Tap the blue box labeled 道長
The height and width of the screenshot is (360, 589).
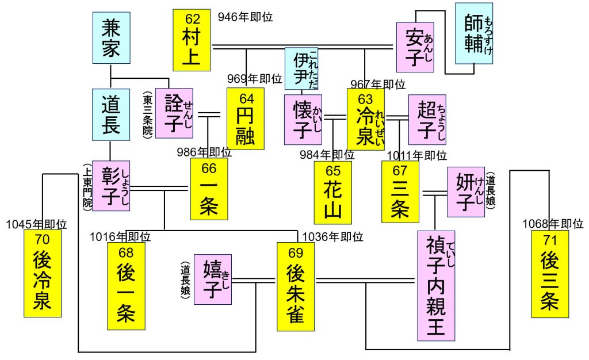click(110, 114)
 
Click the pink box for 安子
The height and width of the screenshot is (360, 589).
click(415, 47)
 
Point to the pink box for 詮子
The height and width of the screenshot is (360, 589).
click(174, 113)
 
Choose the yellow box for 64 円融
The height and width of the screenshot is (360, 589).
click(245, 118)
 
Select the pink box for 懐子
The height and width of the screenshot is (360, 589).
click(303, 120)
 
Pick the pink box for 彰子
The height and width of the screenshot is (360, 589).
click(110, 186)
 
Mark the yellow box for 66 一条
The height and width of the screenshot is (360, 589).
click(209, 189)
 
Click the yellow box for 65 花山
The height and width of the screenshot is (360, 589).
click(332, 193)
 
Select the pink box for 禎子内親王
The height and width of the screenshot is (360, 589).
click(439, 285)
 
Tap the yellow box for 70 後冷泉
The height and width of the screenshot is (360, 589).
click(42, 273)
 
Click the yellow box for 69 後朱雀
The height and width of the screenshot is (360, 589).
click(296, 286)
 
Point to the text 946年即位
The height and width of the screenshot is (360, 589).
click(245, 17)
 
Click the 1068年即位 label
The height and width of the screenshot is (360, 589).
click(553, 224)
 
